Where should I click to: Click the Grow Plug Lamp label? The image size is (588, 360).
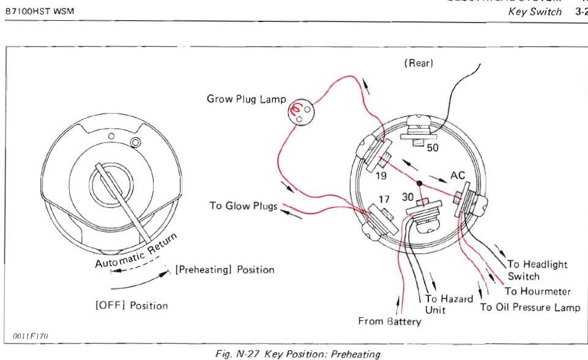click(x=246, y=99)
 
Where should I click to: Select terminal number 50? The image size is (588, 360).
click(x=433, y=148)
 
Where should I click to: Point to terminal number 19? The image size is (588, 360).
click(x=381, y=175)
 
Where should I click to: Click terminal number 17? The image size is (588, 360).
click(x=383, y=199)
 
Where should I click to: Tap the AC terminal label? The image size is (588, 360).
click(x=458, y=176)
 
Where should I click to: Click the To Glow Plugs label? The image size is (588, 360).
click(x=243, y=206)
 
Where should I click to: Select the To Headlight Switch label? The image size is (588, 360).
click(x=537, y=270)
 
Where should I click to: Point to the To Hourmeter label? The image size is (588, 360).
click(x=537, y=291)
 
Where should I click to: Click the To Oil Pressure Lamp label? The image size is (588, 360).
click(x=530, y=307)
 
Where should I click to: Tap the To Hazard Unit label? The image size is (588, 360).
click(x=449, y=304)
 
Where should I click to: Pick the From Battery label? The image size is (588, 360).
click(x=390, y=321)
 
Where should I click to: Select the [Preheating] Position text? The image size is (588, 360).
click(x=225, y=269)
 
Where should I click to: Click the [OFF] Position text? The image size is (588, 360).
click(x=132, y=306)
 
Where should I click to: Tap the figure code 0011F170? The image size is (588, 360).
click(x=29, y=336)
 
